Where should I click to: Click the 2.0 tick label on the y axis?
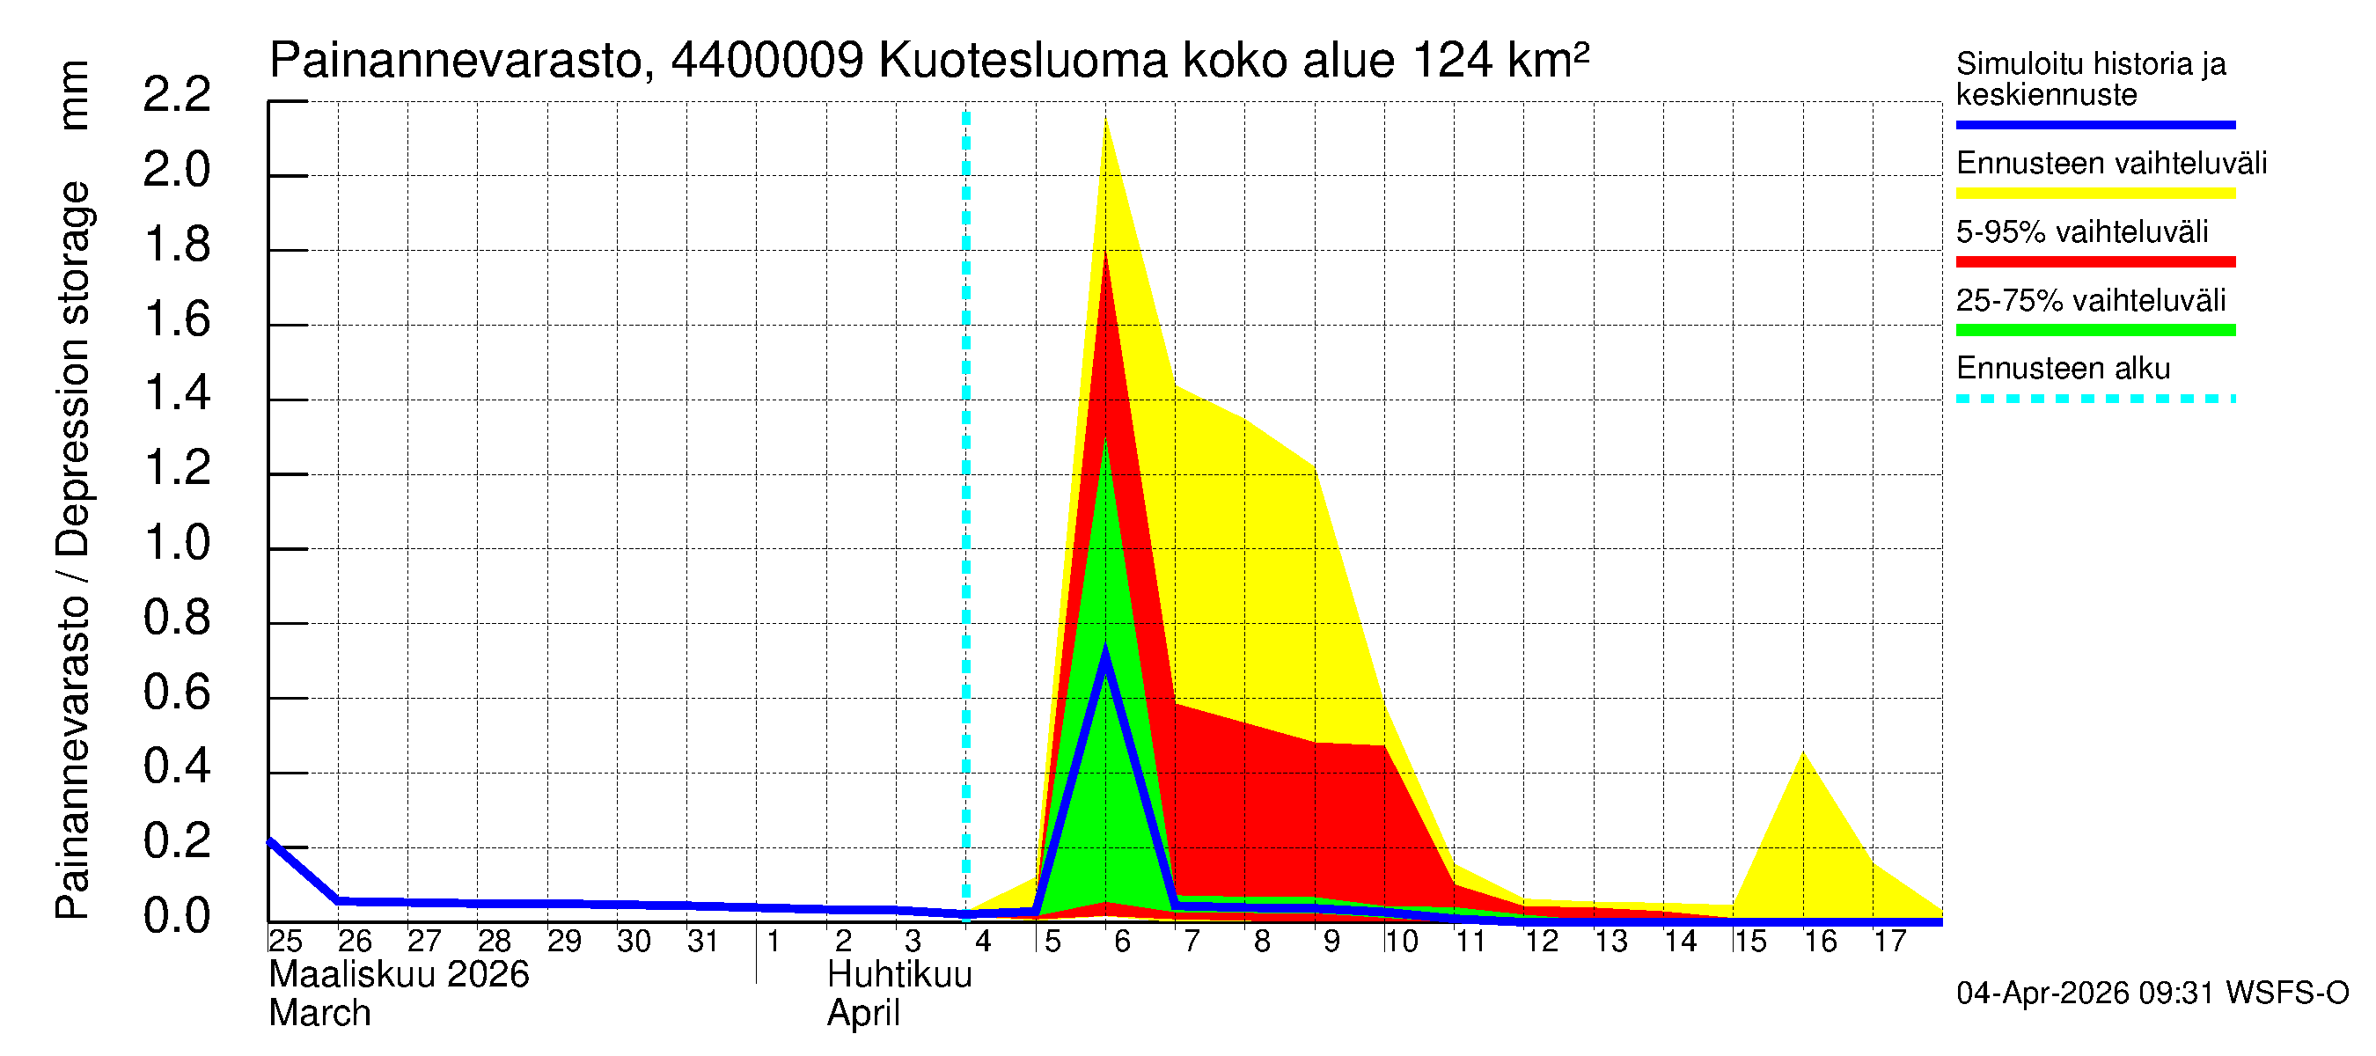176,172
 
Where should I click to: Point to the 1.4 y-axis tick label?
176,395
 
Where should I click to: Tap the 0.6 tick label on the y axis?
176,693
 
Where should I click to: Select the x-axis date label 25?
285,942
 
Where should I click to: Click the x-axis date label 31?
703,942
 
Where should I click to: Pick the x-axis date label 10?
1400,942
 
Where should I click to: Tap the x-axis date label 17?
1889,942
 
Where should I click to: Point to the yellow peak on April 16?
1803,753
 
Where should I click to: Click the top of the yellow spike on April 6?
1105,120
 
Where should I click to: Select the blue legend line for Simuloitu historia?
2094,124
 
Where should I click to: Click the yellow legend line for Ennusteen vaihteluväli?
2094,194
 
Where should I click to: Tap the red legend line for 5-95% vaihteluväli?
2094,262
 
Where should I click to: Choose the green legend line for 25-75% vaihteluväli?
2094,330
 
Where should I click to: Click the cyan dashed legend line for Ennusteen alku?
2094,400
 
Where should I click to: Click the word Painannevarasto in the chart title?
457,62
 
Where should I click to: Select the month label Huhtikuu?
899,975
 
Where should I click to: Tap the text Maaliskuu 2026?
399,975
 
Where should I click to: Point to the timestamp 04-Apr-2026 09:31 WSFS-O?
2152,994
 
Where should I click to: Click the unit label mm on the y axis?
74,95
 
